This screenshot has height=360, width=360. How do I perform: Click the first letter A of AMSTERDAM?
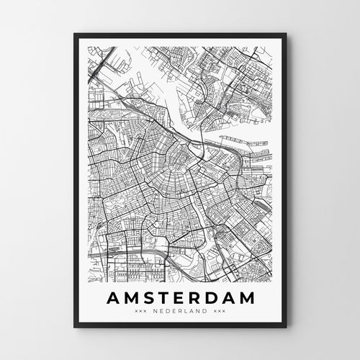(x=112, y=298)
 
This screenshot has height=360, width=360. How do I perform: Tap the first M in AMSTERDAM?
(x=130, y=298)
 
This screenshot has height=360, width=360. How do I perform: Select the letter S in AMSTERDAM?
(x=148, y=298)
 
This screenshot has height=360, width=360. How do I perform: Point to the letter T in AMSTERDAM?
(x=163, y=298)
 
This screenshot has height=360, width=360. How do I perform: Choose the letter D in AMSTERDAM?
(x=211, y=298)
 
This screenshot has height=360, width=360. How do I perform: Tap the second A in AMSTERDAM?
(x=228, y=298)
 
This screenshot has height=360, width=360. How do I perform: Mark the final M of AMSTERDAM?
(x=247, y=298)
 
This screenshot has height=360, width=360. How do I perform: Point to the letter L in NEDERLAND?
(x=186, y=312)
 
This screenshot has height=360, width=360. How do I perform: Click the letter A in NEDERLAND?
(x=192, y=312)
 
